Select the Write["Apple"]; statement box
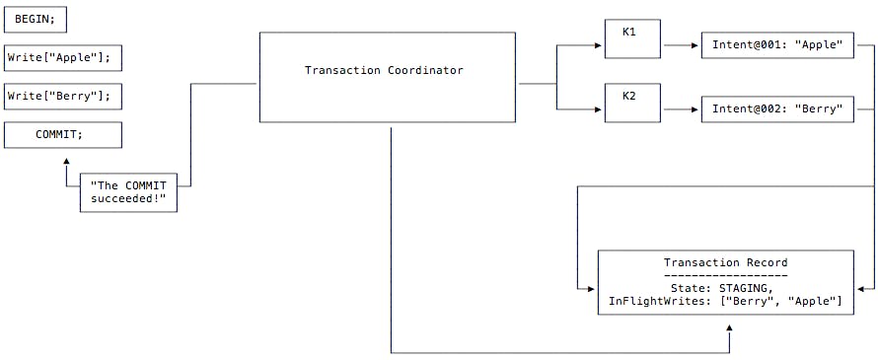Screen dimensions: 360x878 coord(63,57)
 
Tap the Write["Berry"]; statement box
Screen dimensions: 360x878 coord(63,97)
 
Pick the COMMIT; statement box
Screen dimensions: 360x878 coord(63,135)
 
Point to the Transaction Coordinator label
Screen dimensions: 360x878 coord(384,70)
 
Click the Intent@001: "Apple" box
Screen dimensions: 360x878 coord(777,45)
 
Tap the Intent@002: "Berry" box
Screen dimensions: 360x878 coord(777,108)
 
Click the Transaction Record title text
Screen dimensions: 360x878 coord(725,262)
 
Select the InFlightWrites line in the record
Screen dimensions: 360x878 coord(725,300)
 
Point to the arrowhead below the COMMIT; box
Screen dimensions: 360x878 coord(66,160)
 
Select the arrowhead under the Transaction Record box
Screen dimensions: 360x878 coord(729,334)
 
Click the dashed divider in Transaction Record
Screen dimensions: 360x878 coord(725,275)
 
